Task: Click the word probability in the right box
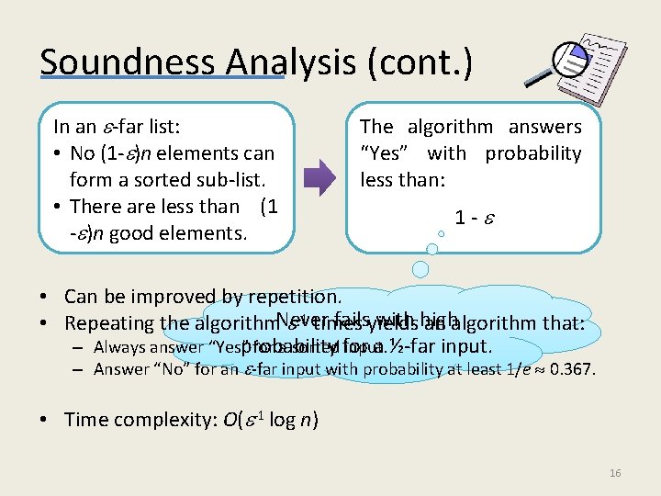click(x=533, y=153)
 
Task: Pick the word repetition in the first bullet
click(x=295, y=297)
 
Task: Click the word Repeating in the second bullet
click(x=108, y=323)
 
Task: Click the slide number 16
click(x=615, y=472)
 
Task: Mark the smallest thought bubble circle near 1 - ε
click(x=441, y=234)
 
